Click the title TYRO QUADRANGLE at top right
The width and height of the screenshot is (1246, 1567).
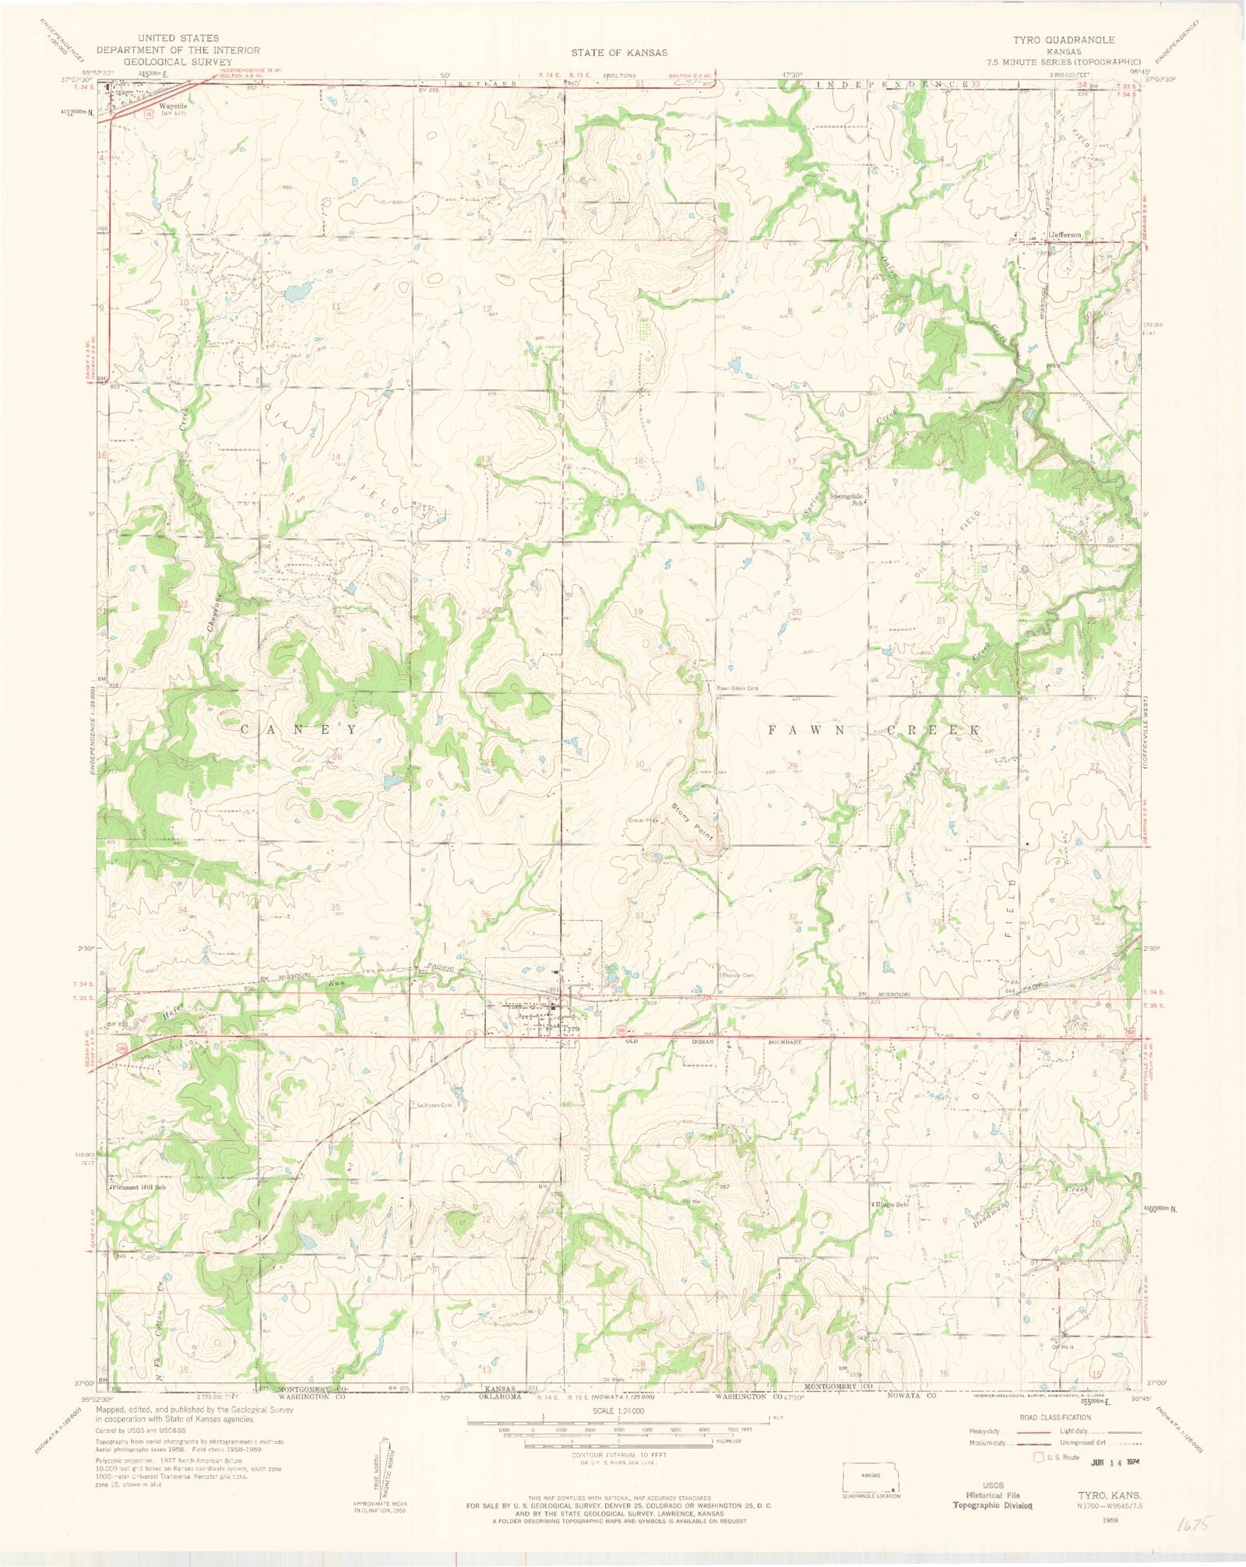(x=1063, y=40)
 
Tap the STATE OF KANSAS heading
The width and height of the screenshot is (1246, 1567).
(x=619, y=53)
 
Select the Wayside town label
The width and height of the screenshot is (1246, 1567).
(x=172, y=105)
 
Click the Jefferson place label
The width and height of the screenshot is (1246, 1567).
(x=1065, y=234)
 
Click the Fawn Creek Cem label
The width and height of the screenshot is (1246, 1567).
(x=737, y=688)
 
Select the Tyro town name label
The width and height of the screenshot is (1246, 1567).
(x=570, y=1028)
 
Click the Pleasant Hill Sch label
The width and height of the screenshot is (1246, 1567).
(x=139, y=1188)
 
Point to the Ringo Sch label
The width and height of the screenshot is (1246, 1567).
(x=891, y=1204)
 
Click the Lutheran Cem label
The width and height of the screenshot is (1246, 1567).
(x=435, y=1105)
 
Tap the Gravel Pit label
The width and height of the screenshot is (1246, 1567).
(x=643, y=820)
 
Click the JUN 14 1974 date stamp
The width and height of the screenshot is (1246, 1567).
(x=1120, y=1462)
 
